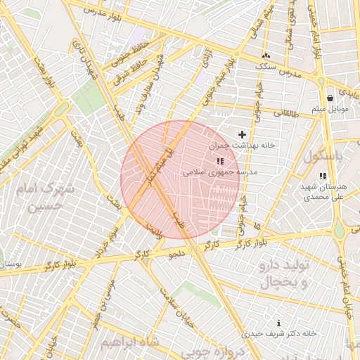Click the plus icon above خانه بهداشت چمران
[243, 134]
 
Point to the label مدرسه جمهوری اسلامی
[220, 172]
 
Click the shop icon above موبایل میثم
[330, 98]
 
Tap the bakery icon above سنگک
[266, 56]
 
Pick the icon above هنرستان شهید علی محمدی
[322, 176]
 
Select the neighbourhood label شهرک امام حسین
[52, 198]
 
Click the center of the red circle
[180, 180]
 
